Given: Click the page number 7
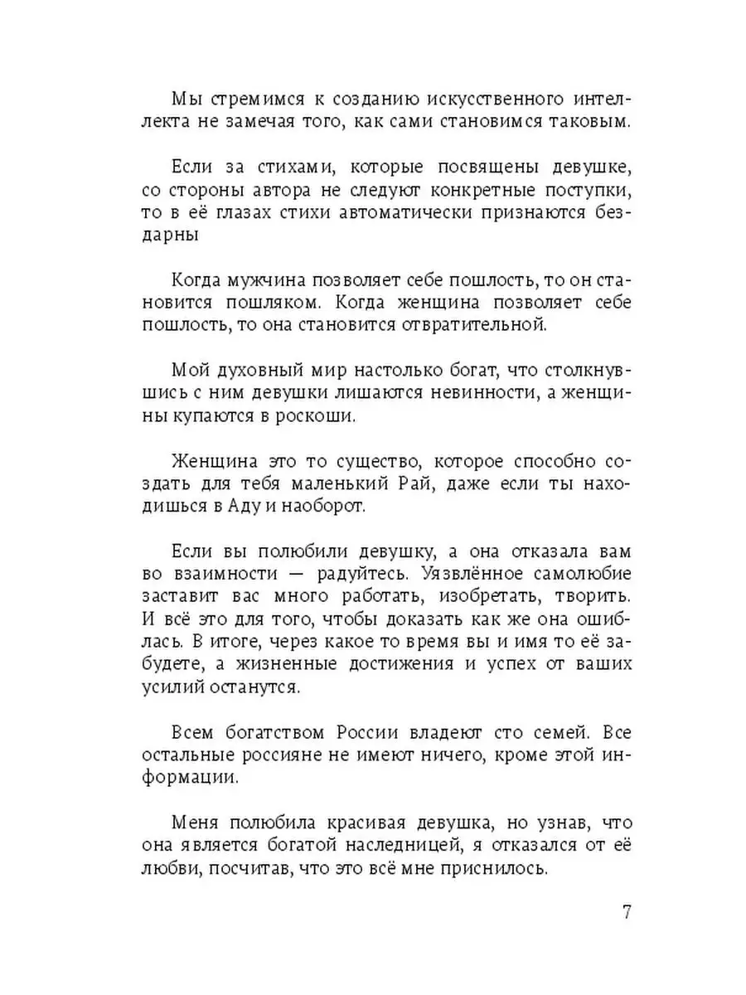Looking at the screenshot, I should coord(627,913).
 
